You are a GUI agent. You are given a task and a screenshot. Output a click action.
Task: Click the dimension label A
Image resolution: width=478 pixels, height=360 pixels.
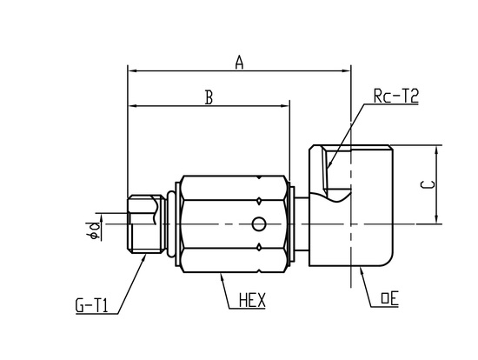tap(240, 62)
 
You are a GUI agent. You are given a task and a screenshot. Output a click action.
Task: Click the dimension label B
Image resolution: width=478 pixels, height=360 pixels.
tap(209, 97)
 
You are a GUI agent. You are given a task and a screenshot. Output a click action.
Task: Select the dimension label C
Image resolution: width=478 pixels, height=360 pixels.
tap(428, 184)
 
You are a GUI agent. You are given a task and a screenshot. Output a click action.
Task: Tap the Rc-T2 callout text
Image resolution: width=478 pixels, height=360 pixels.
tap(396, 97)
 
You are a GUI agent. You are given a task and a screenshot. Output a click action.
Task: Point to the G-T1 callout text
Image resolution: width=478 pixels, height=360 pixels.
tap(92, 306)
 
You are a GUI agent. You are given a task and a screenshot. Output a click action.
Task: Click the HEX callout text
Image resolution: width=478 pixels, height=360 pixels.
tap(252, 300)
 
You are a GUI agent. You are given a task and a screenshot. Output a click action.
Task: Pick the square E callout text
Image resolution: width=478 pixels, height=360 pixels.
tap(390, 298)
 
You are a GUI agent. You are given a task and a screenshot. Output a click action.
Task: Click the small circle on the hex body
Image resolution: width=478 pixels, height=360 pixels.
tap(258, 224)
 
